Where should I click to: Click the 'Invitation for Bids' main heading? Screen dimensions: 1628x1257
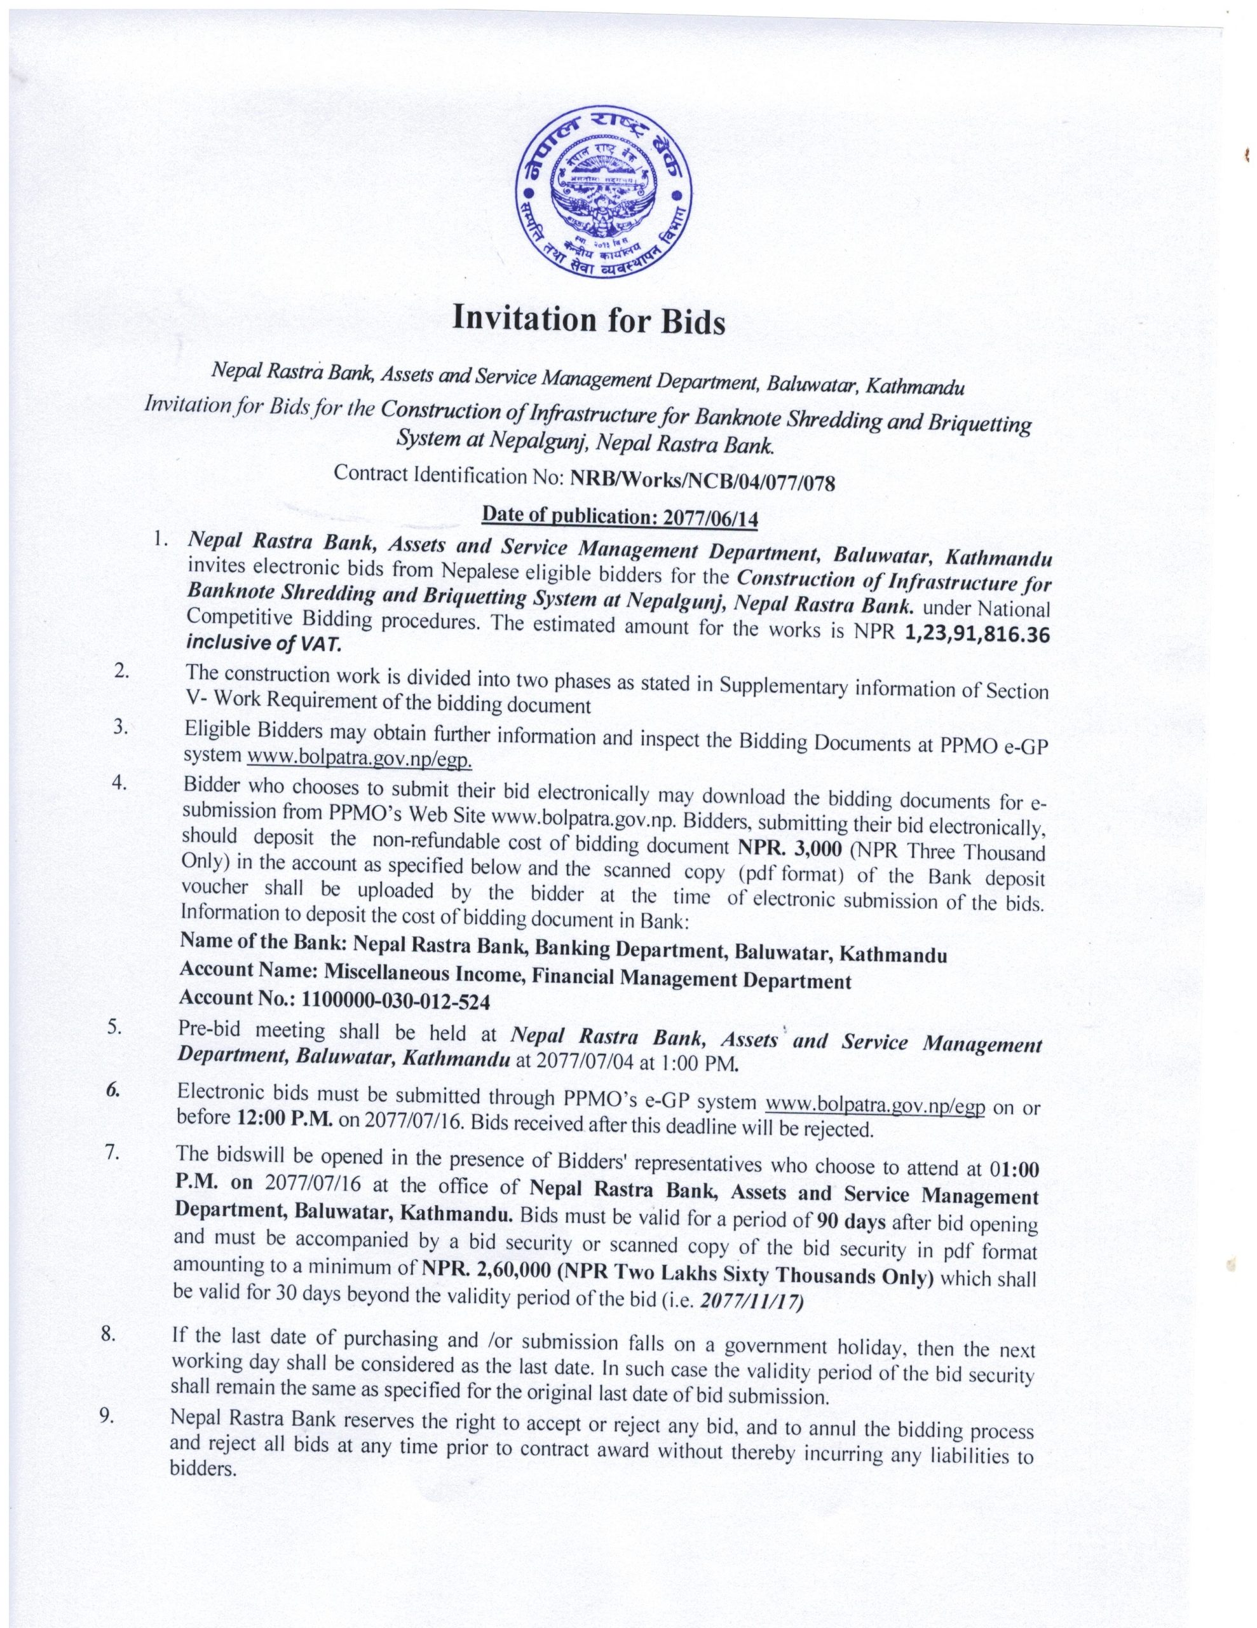pos(588,320)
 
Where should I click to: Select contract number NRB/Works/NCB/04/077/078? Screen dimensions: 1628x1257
pos(702,481)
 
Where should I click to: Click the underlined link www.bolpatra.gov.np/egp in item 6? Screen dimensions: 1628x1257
pos(875,1104)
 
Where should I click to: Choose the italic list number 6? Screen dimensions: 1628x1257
pos(112,1089)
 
